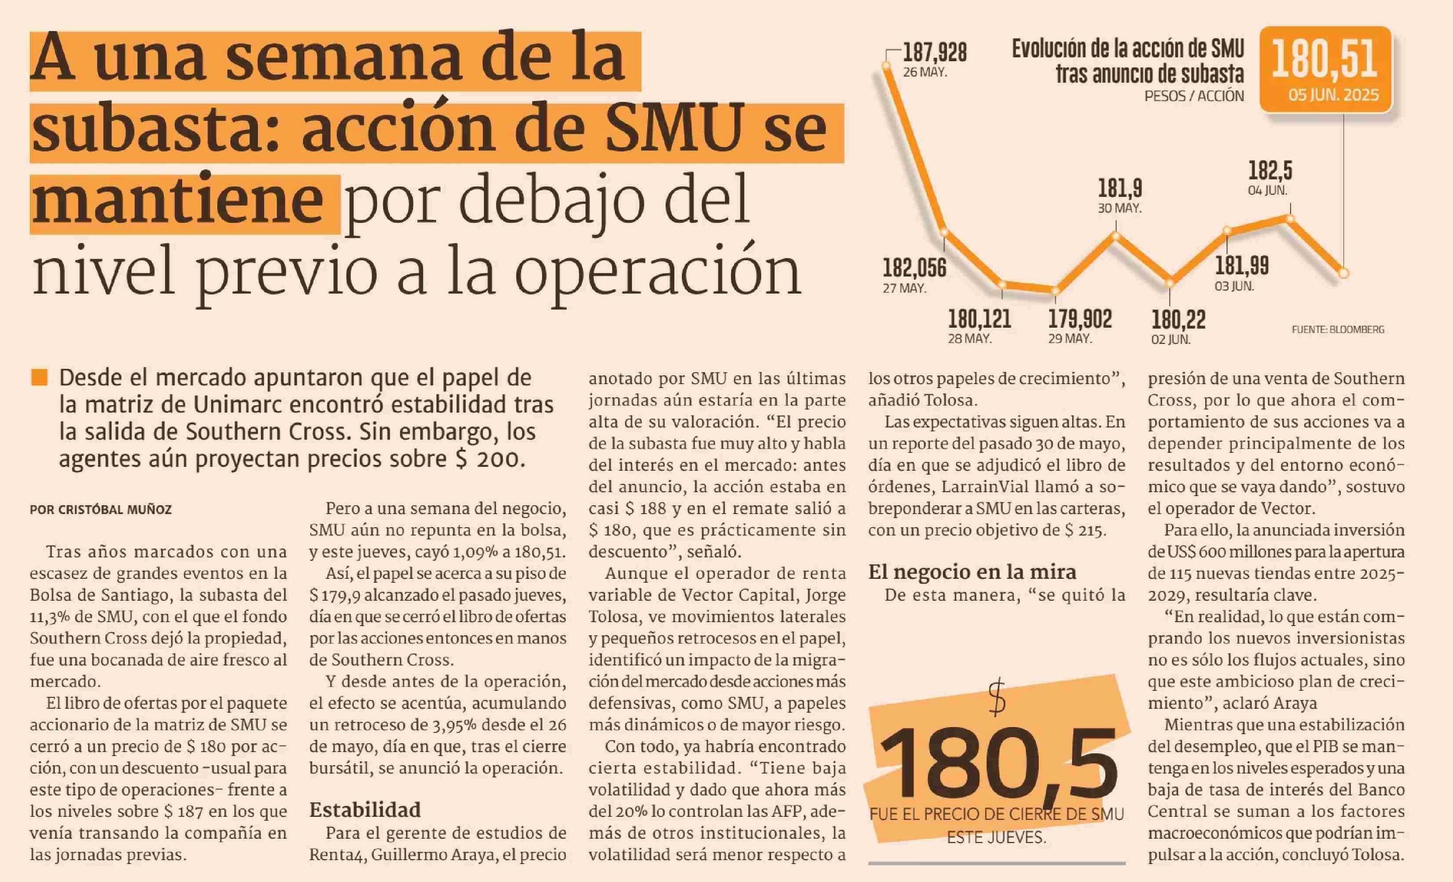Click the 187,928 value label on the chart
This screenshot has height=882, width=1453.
coord(935,53)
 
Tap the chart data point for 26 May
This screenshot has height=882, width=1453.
coord(886,66)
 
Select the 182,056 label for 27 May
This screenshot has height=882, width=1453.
coord(914,268)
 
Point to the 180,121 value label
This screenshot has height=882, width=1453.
coord(980,319)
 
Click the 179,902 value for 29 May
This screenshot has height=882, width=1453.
coord(1080,319)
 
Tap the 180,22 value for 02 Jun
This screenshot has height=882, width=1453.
coord(1178,319)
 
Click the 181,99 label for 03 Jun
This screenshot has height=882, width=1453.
coord(1241,266)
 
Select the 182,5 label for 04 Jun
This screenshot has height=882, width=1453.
coord(1270,171)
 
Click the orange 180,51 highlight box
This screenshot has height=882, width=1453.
coord(1325,70)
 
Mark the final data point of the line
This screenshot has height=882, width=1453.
coord(1344,273)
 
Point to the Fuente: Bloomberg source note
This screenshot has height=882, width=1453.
coord(1337,330)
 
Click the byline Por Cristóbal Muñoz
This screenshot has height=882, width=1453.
coord(101,510)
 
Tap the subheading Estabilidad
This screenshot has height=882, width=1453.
coord(365,810)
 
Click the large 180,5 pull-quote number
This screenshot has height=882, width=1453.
coord(998,763)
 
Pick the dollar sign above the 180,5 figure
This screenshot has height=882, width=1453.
coord(997,697)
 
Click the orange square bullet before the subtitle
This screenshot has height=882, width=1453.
coord(39,378)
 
